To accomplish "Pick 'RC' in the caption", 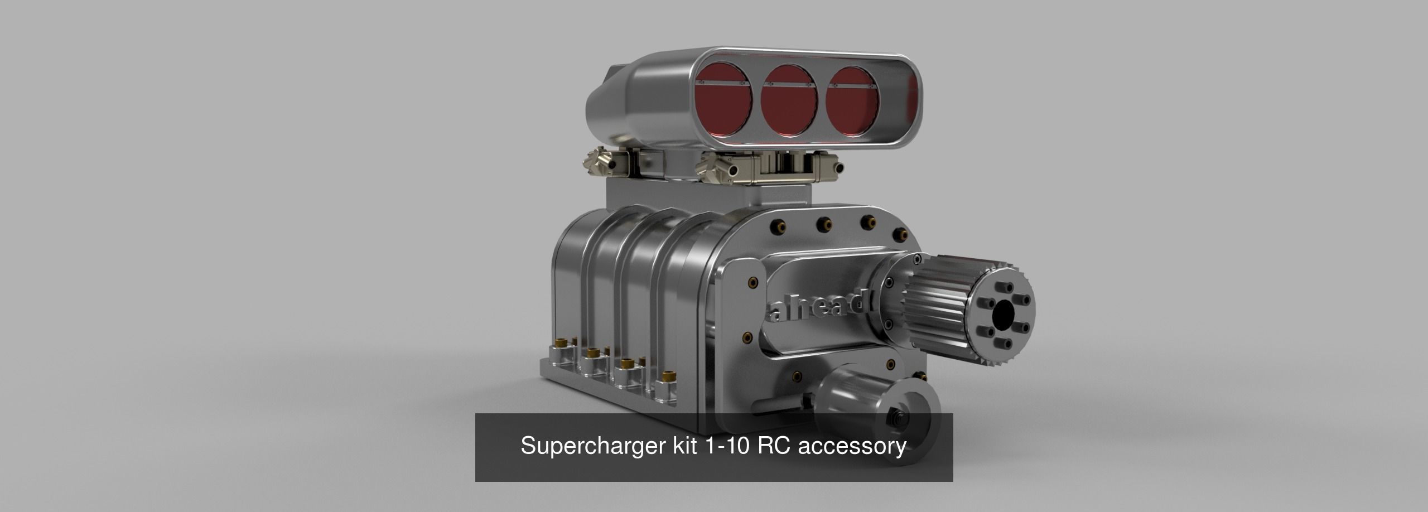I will [x=768, y=462].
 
